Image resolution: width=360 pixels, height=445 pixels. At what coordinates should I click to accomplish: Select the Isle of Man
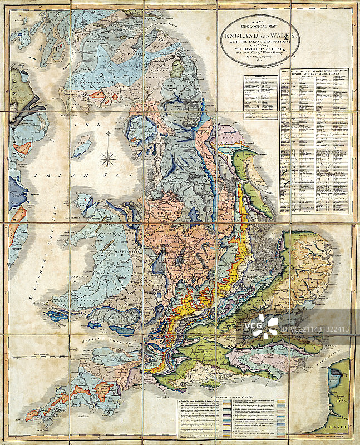tap(82, 146)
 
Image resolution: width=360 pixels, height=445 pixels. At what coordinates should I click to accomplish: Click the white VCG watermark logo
tap(265, 327)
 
